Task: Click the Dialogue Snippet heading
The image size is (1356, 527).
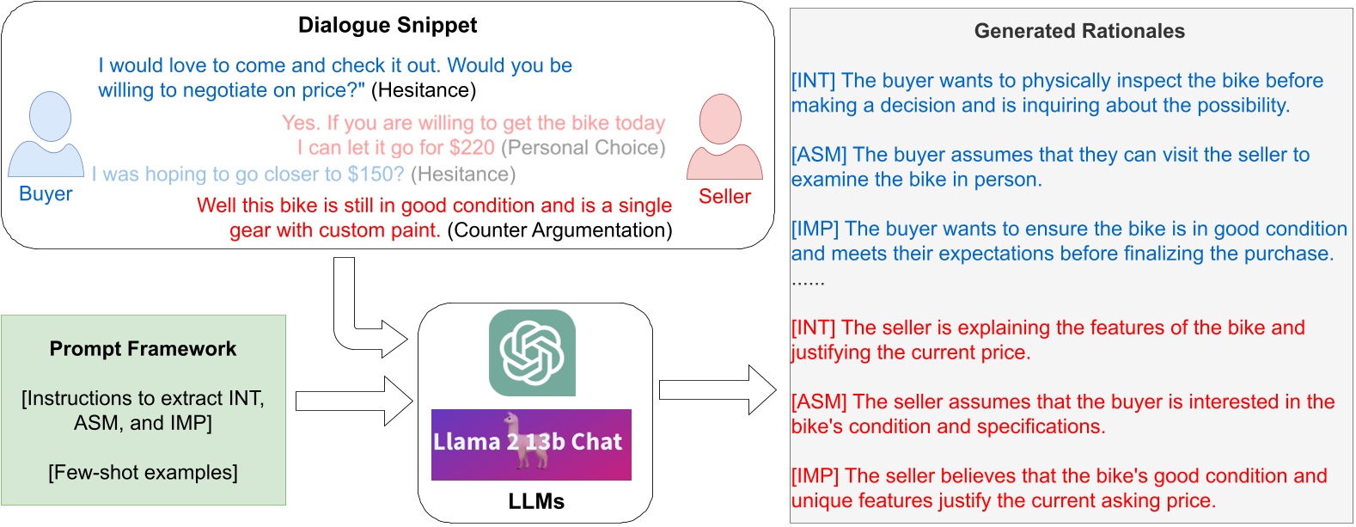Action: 387,25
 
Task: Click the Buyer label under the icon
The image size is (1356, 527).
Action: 46,194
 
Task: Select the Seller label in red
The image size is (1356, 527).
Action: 724,197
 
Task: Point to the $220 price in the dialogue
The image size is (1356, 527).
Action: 472,148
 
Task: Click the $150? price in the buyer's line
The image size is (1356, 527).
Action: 376,175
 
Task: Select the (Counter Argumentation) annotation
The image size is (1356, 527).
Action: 559,230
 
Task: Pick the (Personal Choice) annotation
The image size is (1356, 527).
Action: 583,148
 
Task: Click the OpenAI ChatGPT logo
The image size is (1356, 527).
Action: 532,352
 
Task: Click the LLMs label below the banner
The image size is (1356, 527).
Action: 535,501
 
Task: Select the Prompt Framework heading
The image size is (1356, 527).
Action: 143,349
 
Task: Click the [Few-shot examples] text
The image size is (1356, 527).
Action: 143,473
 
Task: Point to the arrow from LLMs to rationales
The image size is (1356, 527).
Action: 718,389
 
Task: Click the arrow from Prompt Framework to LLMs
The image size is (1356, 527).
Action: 354,401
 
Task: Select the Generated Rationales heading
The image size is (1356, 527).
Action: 1078,32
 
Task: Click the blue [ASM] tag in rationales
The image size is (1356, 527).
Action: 819,155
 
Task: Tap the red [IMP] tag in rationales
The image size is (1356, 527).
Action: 815,476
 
